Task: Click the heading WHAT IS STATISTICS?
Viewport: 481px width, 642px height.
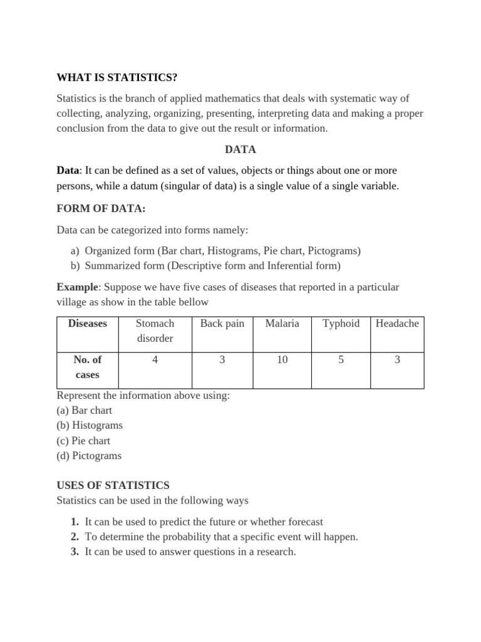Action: [x=117, y=77]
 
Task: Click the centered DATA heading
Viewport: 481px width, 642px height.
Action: [x=240, y=150]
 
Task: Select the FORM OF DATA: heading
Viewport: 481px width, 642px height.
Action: [x=101, y=209]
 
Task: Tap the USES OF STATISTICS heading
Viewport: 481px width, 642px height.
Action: [x=113, y=485]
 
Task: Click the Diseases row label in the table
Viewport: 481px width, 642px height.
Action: [x=88, y=324]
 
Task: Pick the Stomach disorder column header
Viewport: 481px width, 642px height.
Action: [x=155, y=331]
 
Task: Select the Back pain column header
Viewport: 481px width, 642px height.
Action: [x=222, y=324]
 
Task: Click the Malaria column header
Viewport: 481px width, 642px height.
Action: [x=282, y=324]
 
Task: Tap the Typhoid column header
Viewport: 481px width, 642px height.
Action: [x=341, y=324]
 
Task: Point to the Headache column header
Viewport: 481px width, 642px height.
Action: [x=397, y=324]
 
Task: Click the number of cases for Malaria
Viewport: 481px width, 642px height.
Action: [x=282, y=360]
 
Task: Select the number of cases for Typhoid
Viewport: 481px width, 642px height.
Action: [x=341, y=360]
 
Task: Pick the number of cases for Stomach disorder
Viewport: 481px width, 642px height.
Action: [x=155, y=360]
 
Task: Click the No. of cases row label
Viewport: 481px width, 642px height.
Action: [x=88, y=367]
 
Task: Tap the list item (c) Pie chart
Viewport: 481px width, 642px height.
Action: [x=83, y=441]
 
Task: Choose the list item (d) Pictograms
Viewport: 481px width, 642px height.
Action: [x=89, y=456]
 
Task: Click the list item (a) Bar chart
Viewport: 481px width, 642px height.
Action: [x=85, y=411]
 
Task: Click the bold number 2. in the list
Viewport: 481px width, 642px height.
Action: [x=75, y=537]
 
